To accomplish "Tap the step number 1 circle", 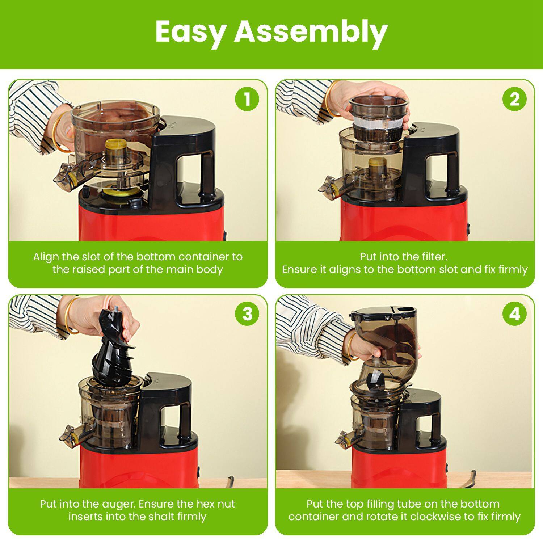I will [x=247, y=99].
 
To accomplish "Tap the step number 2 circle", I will [x=514, y=99].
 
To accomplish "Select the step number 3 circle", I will [x=247, y=314].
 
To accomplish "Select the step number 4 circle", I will [x=514, y=314].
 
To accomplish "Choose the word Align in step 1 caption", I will [x=46, y=257].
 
